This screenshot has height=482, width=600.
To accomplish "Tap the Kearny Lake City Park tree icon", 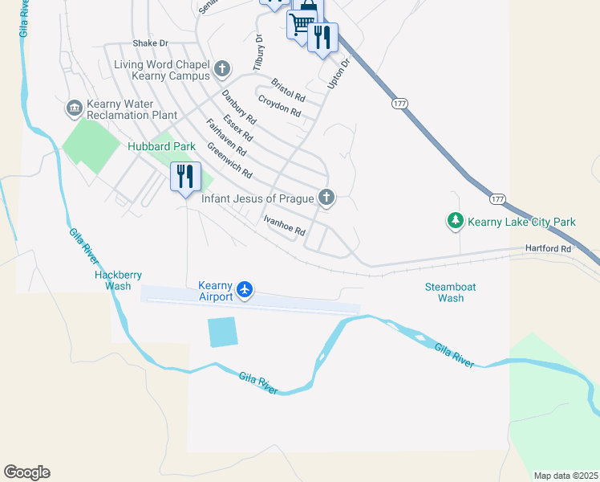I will point(455,220).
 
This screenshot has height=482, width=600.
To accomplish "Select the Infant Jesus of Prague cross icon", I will point(326,197).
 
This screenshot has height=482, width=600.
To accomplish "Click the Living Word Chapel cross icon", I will point(222,70).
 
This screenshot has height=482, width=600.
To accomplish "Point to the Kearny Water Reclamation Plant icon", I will point(75,107).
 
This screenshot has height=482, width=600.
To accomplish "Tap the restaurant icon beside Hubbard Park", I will point(185,177).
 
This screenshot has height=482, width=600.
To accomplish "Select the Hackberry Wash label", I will point(112,280).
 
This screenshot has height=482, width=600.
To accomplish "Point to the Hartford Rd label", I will point(549,249).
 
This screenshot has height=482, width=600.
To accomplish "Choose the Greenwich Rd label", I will point(229,161).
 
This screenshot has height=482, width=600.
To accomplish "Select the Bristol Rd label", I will point(288,88).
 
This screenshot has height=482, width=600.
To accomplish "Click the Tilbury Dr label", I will point(259,49).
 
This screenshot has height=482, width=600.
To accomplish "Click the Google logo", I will point(26,472).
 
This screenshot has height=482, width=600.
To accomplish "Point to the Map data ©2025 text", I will point(565,476).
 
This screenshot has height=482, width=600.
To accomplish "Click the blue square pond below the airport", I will point(222,332).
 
